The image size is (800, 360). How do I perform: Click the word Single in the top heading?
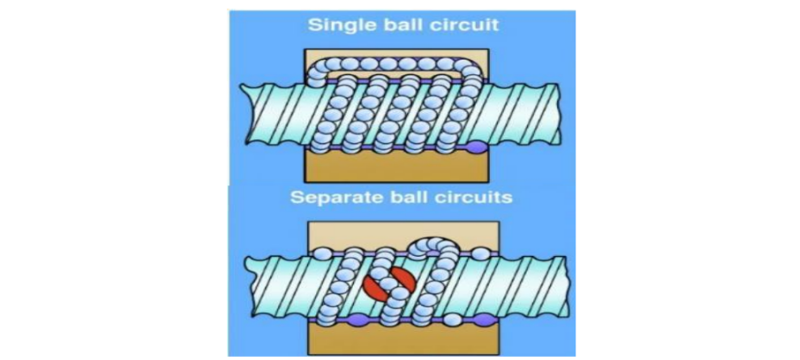[334, 25]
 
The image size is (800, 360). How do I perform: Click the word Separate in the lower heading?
[330, 197]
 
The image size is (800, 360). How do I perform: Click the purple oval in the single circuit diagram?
[476, 148]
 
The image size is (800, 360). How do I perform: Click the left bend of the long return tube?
[316, 71]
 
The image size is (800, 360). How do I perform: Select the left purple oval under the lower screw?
[354, 321]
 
